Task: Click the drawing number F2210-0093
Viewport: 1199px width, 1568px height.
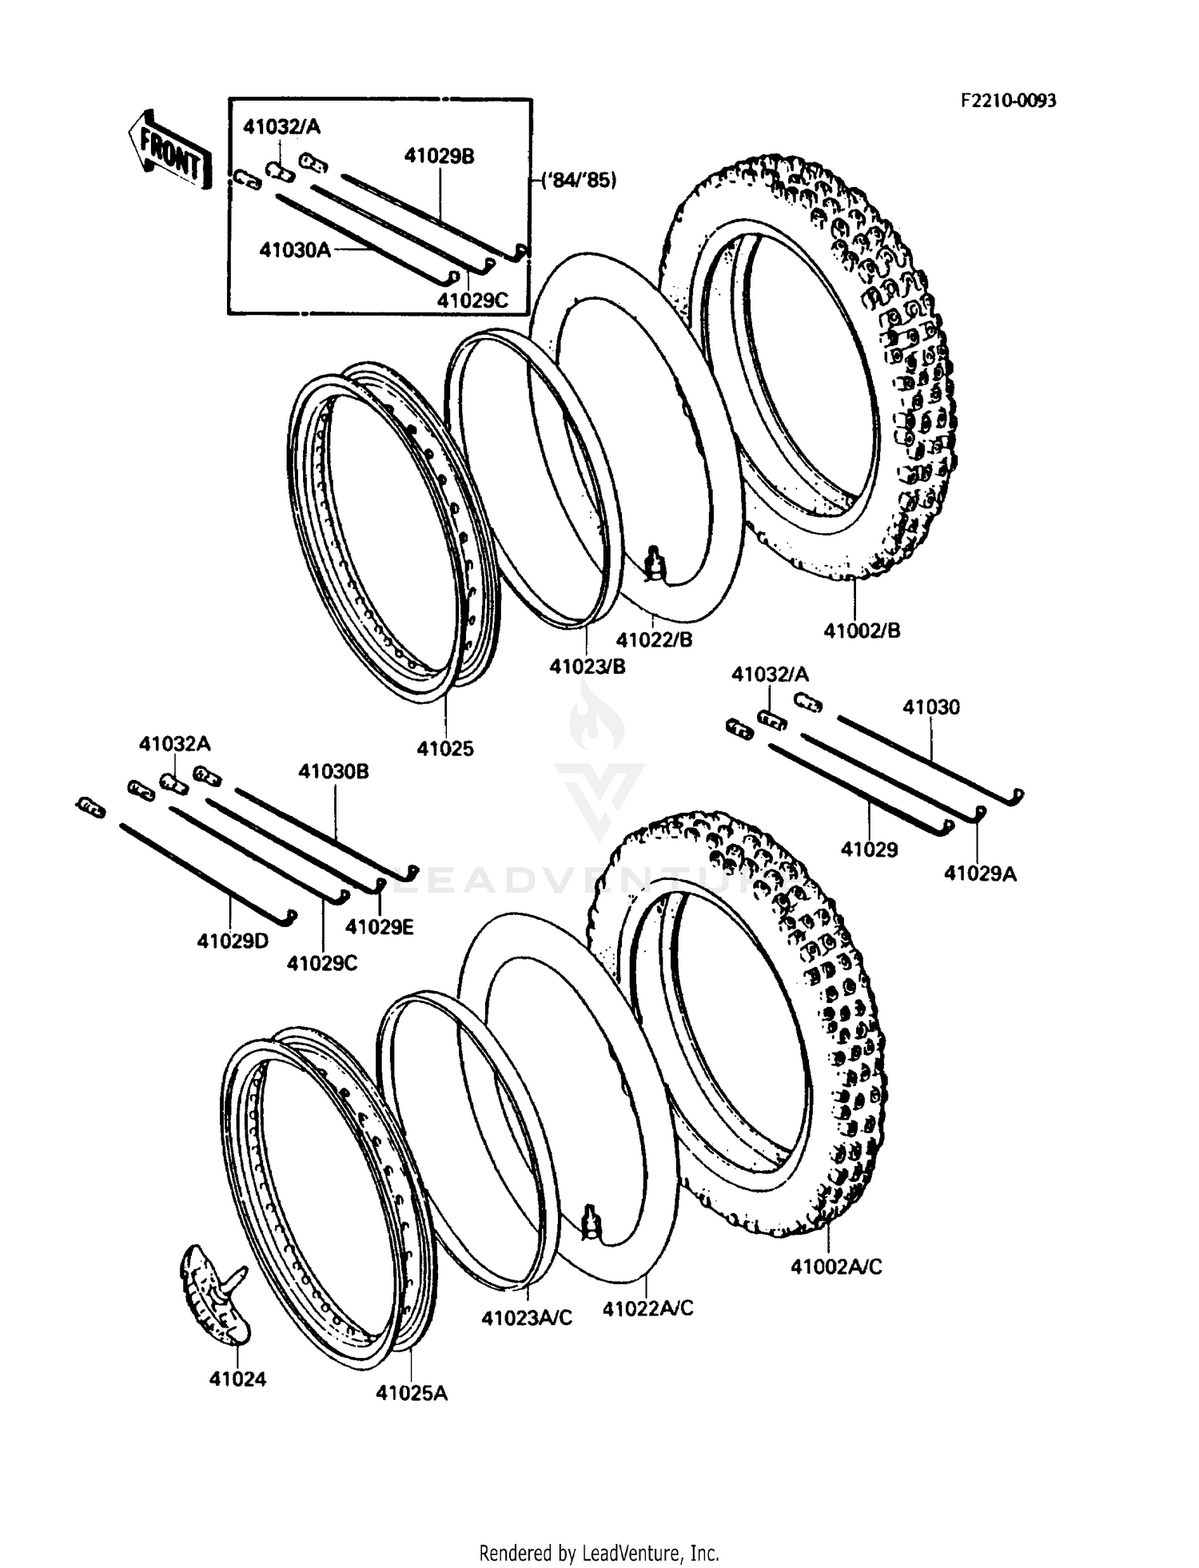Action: point(1008,101)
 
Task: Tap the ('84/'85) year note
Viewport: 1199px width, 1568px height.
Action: point(580,181)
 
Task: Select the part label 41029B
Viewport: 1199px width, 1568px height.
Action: point(439,157)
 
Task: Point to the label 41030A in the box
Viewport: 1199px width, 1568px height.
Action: point(294,250)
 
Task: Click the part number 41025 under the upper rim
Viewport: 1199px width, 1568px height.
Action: point(445,749)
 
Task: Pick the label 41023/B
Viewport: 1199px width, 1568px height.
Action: point(587,666)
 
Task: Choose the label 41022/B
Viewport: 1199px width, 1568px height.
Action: point(654,639)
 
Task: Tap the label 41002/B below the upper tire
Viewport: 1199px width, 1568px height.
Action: point(862,631)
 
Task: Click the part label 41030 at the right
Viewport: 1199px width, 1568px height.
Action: point(931,707)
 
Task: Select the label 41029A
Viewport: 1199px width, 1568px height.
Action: point(980,874)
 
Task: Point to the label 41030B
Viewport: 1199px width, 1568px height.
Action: point(333,771)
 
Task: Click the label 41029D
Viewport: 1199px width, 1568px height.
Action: point(233,941)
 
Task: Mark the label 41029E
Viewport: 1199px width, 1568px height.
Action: point(379,927)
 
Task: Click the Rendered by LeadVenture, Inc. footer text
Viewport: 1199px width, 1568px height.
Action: point(599,1554)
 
